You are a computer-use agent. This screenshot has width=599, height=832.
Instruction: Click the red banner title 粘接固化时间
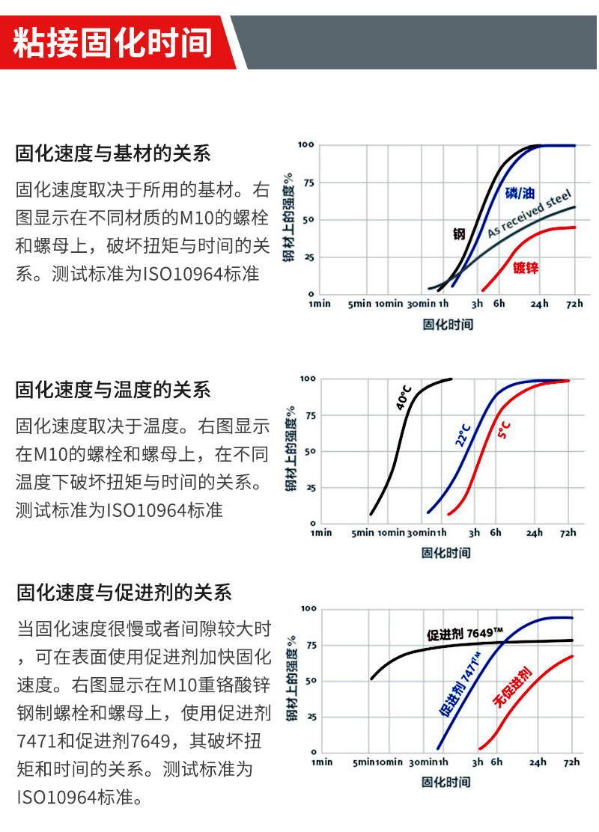pyautogui.click(x=114, y=42)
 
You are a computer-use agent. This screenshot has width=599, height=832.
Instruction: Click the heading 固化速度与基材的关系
pyautogui.click(x=113, y=154)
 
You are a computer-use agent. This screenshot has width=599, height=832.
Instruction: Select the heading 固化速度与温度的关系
pyautogui.click(x=113, y=390)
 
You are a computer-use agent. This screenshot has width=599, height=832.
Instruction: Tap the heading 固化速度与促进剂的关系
pyautogui.click(x=124, y=593)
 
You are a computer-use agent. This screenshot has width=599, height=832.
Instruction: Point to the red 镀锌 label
pyautogui.click(x=526, y=267)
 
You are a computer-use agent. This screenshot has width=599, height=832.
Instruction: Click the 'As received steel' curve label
pyautogui.click(x=529, y=214)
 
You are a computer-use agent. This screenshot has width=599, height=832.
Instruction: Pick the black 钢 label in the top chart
pyautogui.click(x=459, y=233)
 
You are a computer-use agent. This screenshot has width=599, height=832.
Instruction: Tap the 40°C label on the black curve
pyautogui.click(x=404, y=399)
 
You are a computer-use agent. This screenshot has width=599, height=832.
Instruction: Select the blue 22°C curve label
pyautogui.click(x=463, y=434)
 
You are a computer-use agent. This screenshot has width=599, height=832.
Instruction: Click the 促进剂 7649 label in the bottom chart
pyautogui.click(x=465, y=633)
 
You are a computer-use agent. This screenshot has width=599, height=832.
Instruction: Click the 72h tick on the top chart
pyautogui.click(x=574, y=304)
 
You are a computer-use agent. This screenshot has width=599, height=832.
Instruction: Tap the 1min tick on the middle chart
pyautogui.click(x=320, y=533)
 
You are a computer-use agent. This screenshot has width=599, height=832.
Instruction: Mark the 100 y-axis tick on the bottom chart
pyautogui.click(x=308, y=608)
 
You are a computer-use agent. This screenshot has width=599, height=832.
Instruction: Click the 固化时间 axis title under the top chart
pyautogui.click(x=447, y=324)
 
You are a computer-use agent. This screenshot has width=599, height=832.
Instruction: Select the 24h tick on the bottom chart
pyautogui.click(x=538, y=762)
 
